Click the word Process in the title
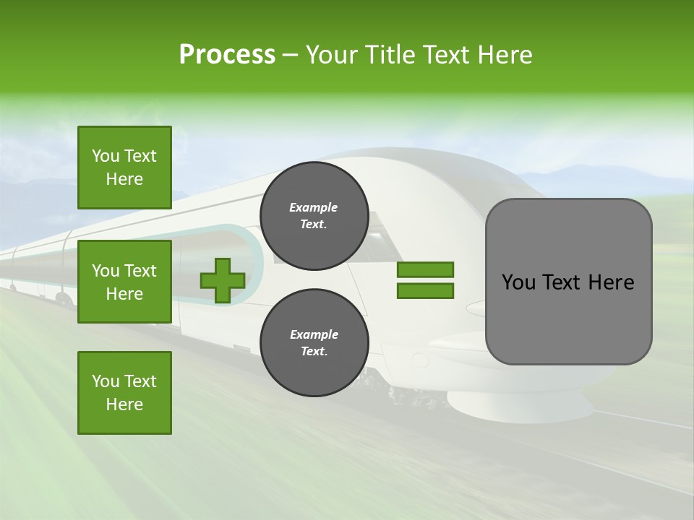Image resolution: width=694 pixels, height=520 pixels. pyautogui.click(x=227, y=55)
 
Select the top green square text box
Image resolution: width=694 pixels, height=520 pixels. pyautogui.click(x=124, y=168)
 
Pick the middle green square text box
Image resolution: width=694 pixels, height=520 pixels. pyautogui.click(x=124, y=282)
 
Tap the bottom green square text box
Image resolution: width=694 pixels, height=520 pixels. pyautogui.click(x=124, y=393)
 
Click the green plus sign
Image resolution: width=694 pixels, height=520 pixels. pyautogui.click(x=223, y=280)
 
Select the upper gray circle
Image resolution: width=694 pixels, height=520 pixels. pyautogui.click(x=314, y=216)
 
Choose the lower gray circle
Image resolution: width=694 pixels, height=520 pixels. pyautogui.click(x=314, y=343)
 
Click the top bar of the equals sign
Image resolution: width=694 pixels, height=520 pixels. pyautogui.click(x=425, y=269)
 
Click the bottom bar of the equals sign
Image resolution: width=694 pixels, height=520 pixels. pyautogui.click(x=425, y=291)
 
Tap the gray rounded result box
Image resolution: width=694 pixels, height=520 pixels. pyautogui.click(x=568, y=282)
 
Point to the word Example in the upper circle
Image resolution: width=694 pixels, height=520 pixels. pyautogui.click(x=314, y=207)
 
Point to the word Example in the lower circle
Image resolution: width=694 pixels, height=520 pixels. pyautogui.click(x=314, y=334)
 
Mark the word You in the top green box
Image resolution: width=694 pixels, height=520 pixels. pyautogui.click(x=106, y=156)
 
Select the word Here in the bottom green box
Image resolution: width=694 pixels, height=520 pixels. pyautogui.click(x=124, y=404)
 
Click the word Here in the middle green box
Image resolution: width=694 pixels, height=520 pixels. pyautogui.click(x=124, y=294)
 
